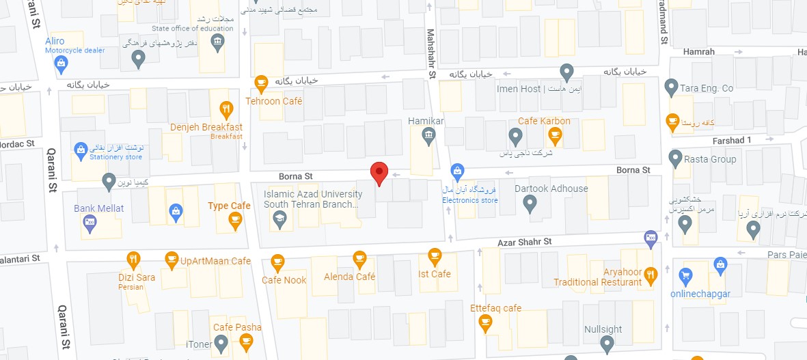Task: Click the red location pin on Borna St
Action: (x=379, y=174)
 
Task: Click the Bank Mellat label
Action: (x=99, y=208)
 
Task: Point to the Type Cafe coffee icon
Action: (x=236, y=219)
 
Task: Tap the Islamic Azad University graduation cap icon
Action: (x=279, y=219)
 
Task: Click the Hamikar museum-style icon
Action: (x=428, y=135)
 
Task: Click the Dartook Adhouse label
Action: (x=551, y=189)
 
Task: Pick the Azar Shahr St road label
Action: (x=524, y=242)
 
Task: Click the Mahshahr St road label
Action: (x=432, y=53)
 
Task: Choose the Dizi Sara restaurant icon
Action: (x=134, y=260)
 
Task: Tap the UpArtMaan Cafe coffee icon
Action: (x=172, y=260)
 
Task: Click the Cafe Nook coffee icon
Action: (x=277, y=262)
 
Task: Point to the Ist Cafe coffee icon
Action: (x=435, y=256)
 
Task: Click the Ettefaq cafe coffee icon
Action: (x=486, y=322)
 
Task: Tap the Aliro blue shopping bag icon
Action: (x=61, y=65)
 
